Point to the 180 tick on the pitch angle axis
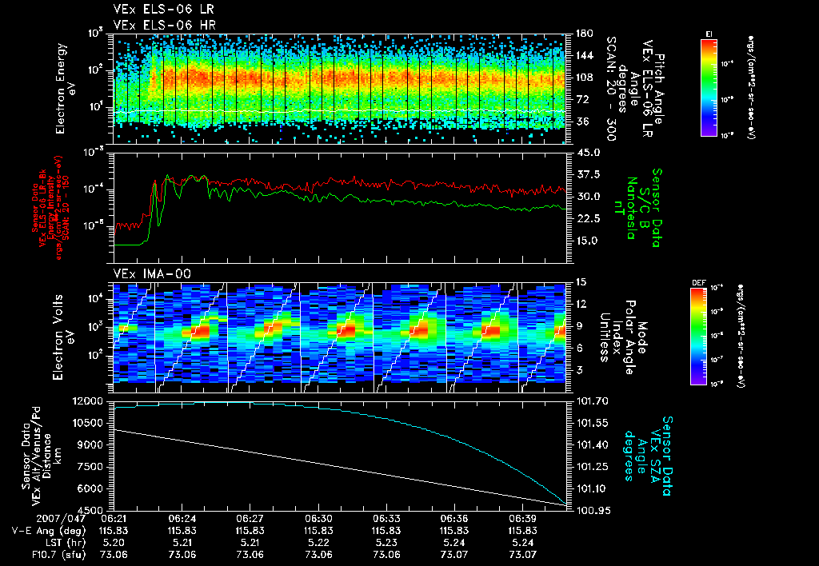click(582, 34)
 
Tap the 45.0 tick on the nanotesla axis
click(587, 152)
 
